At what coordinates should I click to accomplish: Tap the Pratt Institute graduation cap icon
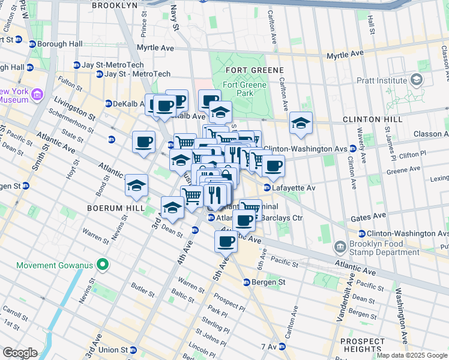(416, 80)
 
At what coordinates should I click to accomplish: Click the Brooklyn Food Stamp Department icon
(340, 245)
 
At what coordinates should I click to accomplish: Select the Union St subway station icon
(135, 350)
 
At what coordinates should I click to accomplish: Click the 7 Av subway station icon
(282, 347)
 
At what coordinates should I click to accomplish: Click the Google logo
(20, 352)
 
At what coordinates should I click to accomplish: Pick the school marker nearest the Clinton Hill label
(300, 123)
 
